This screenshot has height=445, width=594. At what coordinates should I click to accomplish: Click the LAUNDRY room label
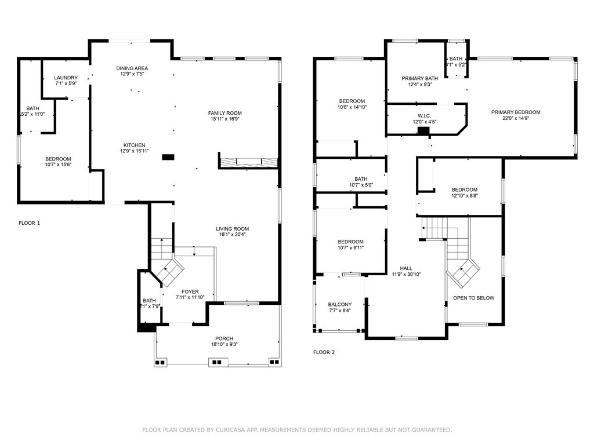66,78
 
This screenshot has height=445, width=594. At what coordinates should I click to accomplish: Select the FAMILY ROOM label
225,113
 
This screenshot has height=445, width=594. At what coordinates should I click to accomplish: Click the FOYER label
190,291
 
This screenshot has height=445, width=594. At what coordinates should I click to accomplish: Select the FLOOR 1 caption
30,222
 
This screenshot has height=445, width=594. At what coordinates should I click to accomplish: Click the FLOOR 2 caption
324,352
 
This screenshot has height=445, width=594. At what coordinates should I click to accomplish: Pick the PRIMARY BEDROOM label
516,112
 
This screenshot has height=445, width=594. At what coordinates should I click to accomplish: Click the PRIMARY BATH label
420,78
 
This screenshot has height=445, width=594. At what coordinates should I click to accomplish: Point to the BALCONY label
339,304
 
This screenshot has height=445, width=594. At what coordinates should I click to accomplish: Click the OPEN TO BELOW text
474,298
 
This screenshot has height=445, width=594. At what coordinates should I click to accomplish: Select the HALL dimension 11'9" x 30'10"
406,274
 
